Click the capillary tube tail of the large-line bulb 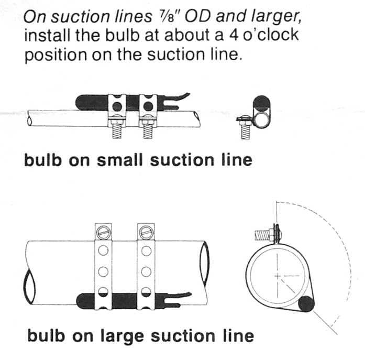click(181, 299)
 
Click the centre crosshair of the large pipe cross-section click(279, 275)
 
